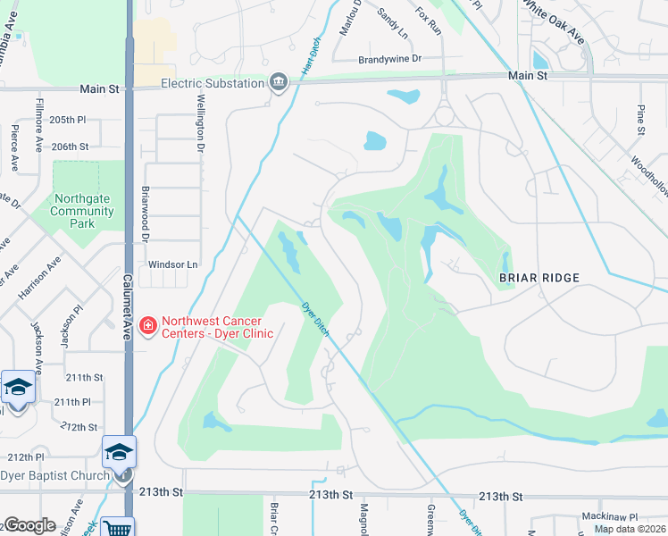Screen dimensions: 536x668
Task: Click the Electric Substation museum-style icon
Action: point(279,83)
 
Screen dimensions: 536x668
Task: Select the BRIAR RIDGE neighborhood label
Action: point(539,278)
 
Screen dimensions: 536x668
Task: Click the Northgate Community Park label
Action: point(82,212)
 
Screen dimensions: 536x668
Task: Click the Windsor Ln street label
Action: point(172,264)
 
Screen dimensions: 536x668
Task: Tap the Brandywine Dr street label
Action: point(388,59)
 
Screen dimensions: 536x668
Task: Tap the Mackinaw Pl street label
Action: point(607,517)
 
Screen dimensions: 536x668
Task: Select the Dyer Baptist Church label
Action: point(54,475)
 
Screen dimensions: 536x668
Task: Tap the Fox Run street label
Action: point(429,21)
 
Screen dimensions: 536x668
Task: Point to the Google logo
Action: point(29,526)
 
